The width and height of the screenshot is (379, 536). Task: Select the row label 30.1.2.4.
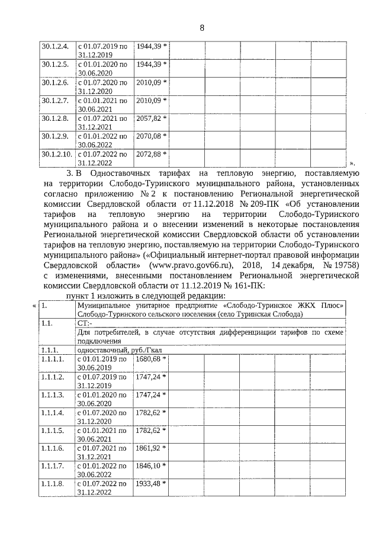[55, 46]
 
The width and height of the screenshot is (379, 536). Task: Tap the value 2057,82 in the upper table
[149, 118]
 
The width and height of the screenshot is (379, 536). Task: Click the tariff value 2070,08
[149, 136]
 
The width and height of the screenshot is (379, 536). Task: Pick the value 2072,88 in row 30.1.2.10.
[149, 155]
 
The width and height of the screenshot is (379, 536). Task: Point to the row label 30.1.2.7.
[55, 101]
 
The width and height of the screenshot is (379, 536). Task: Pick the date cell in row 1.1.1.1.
[102, 363]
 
